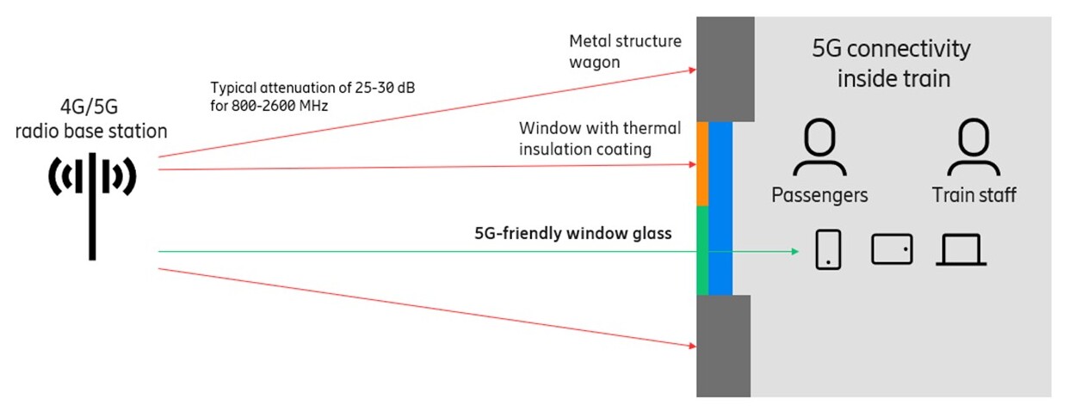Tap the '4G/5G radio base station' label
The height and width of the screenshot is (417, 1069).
(x=91, y=120)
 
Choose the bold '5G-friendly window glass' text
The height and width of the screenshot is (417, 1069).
(x=573, y=233)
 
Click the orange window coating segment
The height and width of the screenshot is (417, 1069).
(x=702, y=163)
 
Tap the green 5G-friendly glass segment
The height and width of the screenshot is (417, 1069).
(x=702, y=250)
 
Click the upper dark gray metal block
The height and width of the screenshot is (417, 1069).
(x=726, y=69)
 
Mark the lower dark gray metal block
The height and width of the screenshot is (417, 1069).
(x=724, y=346)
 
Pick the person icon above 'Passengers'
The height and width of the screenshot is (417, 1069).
(x=819, y=149)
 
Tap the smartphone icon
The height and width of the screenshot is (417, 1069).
(x=828, y=249)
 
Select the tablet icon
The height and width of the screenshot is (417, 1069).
(x=892, y=249)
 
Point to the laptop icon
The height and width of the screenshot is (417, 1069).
(x=961, y=250)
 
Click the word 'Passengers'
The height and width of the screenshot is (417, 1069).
(x=819, y=195)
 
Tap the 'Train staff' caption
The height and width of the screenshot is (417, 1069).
(x=973, y=195)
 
